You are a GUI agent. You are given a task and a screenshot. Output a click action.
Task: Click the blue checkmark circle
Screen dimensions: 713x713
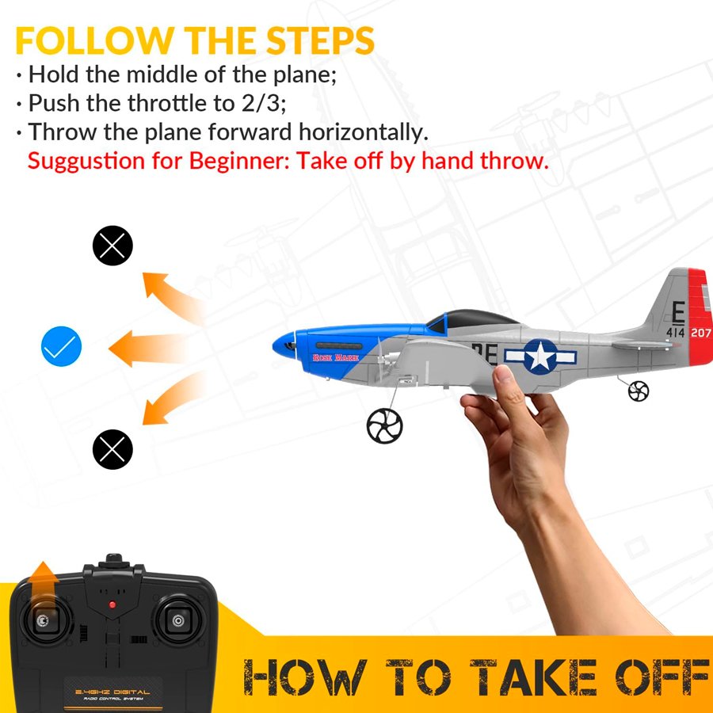pyautogui.click(x=61, y=346)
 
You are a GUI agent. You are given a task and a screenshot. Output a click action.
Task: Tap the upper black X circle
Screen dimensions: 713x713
pyautogui.click(x=112, y=246)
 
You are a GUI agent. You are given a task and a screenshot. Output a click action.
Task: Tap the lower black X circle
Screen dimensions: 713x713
pyautogui.click(x=112, y=449)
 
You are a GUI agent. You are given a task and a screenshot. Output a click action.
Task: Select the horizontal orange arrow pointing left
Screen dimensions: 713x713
pyautogui.click(x=148, y=349)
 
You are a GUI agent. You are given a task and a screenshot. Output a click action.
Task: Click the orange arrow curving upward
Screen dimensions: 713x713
pyautogui.click(x=170, y=295)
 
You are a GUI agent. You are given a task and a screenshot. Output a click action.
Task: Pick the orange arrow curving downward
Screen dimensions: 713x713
pyautogui.click(x=170, y=398)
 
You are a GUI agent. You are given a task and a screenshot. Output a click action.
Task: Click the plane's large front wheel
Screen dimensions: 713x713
pyautogui.click(x=384, y=425)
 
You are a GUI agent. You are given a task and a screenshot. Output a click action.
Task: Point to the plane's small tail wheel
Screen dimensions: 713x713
pyautogui.click(x=638, y=391)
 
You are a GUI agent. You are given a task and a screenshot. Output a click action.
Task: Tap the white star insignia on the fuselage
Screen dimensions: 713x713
pyautogui.click(x=540, y=356)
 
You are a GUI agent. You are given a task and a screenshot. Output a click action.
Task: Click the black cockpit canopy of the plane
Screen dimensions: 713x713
pyautogui.click(x=473, y=319)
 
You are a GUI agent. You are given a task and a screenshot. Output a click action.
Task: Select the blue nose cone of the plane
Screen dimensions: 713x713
pyautogui.click(x=284, y=345)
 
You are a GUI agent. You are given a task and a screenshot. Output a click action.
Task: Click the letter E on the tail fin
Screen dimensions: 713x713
pyautogui.click(x=678, y=313)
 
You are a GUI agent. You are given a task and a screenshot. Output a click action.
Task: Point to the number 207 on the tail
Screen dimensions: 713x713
pyautogui.click(x=701, y=333)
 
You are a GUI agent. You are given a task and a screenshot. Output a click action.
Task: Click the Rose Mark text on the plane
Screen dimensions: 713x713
pyautogui.click(x=336, y=358)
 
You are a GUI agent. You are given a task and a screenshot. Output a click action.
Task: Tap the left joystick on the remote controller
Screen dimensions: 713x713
pyautogui.click(x=43, y=620)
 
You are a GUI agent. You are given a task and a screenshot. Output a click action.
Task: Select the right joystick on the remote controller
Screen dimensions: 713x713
pyautogui.click(x=177, y=620)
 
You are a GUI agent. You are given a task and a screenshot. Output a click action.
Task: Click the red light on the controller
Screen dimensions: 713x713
pyautogui.click(x=112, y=604)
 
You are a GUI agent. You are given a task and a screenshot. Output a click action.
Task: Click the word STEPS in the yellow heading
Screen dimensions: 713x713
pyautogui.click(x=320, y=40)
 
